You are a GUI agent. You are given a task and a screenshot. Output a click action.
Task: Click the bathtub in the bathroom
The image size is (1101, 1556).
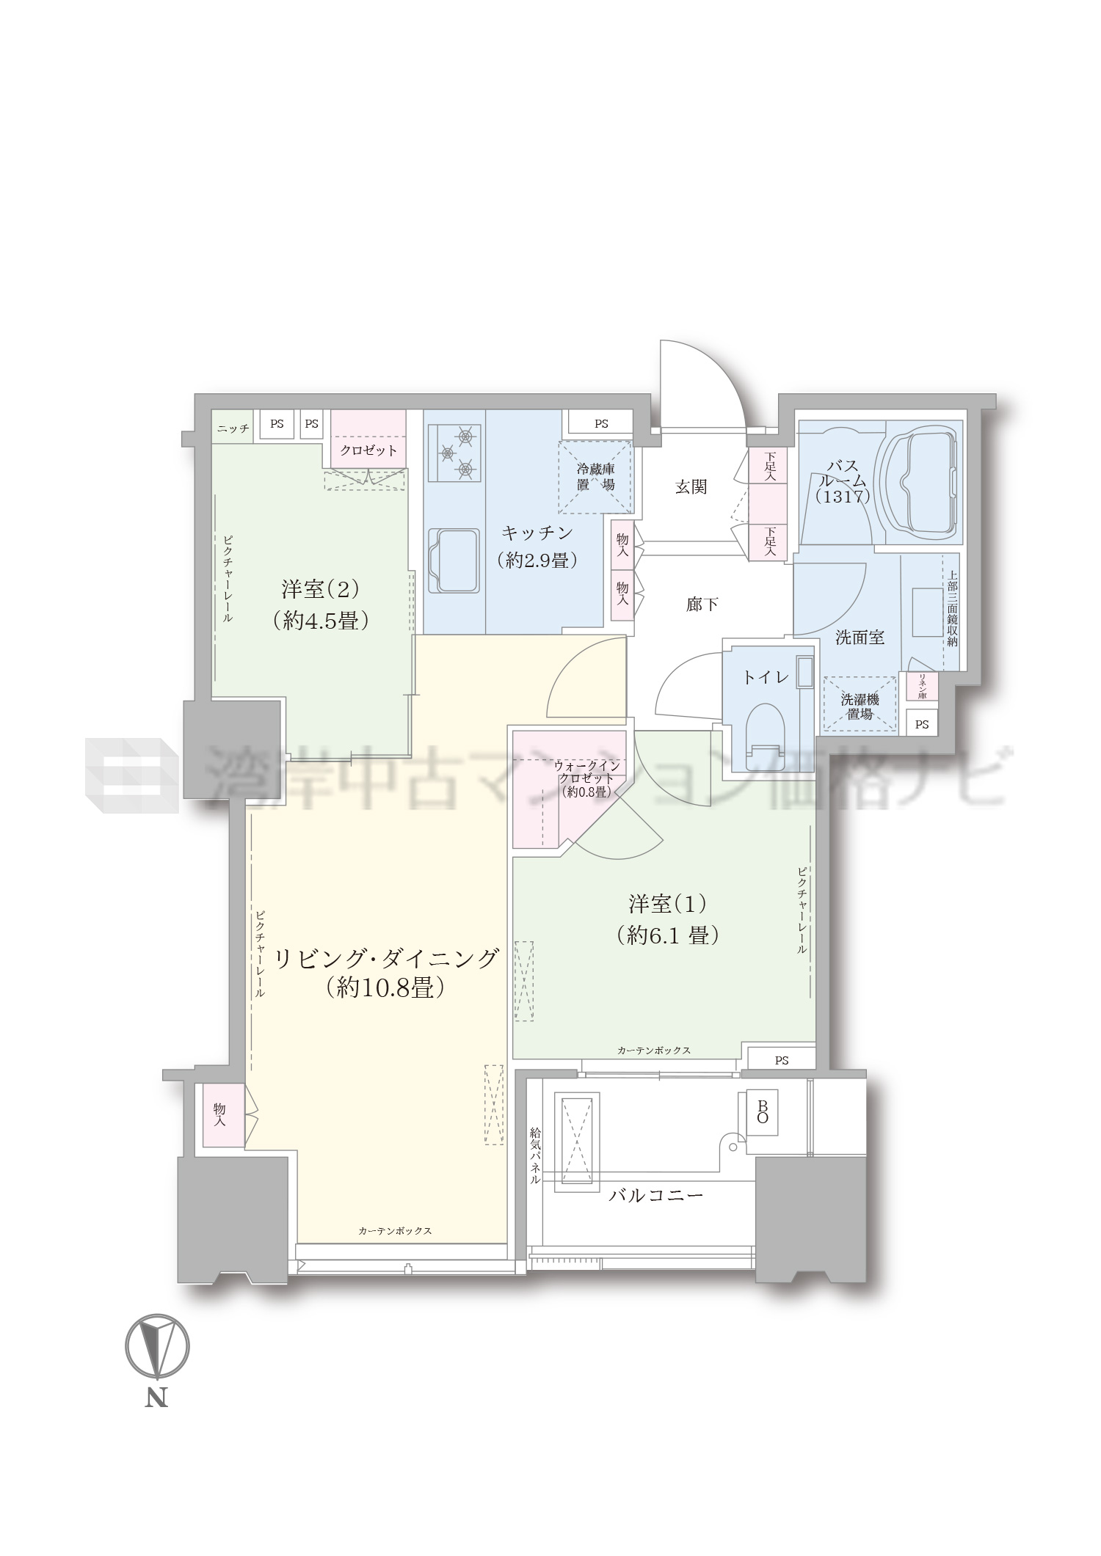pyautogui.click(x=923, y=481)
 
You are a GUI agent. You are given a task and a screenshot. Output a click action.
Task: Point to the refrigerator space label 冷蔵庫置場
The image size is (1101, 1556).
pyautogui.click(x=595, y=477)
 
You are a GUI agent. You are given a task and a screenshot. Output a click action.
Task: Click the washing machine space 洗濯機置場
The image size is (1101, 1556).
pyautogui.click(x=860, y=705)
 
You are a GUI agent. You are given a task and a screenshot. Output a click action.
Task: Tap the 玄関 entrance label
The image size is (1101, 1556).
pyautogui.click(x=691, y=486)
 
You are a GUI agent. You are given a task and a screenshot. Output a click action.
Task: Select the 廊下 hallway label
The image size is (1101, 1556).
pyautogui.click(x=702, y=604)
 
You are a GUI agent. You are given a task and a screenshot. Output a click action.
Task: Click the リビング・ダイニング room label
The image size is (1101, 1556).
pyautogui.click(x=386, y=958)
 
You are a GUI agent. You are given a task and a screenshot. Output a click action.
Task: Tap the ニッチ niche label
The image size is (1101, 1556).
pyautogui.click(x=233, y=428)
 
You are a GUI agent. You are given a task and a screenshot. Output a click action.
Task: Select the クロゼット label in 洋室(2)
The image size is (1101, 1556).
pyautogui.click(x=368, y=450)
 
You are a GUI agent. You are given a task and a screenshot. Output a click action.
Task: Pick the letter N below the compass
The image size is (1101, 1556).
pyautogui.click(x=156, y=1398)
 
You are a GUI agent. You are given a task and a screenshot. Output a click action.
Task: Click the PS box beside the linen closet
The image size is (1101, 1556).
pyautogui.click(x=922, y=724)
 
